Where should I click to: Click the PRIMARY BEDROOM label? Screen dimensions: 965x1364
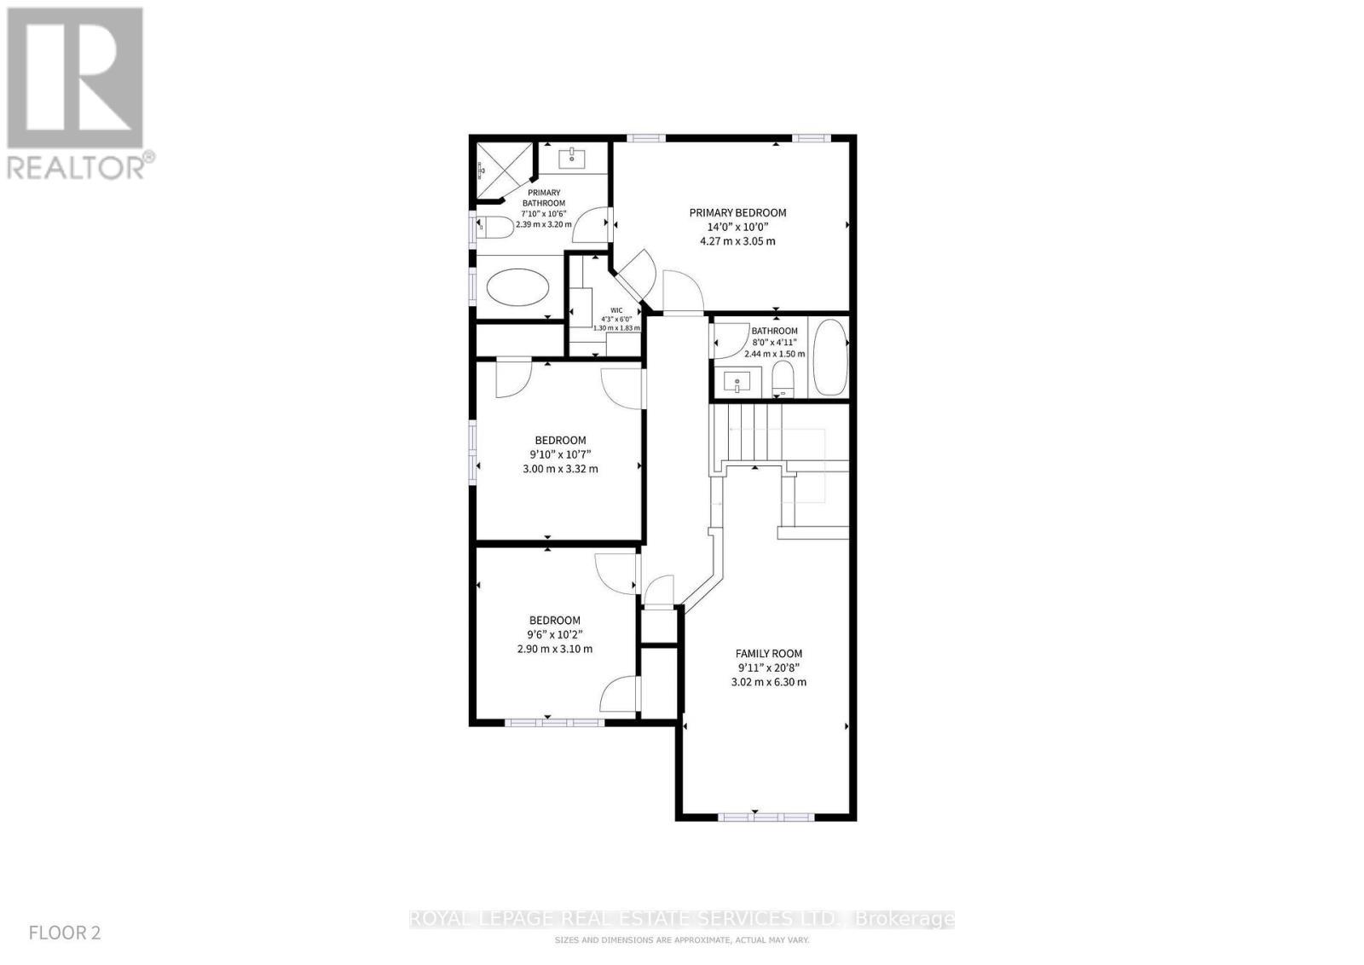point(737,213)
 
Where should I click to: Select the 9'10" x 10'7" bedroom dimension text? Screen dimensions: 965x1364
point(560,454)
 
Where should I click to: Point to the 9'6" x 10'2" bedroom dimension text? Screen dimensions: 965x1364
point(554,634)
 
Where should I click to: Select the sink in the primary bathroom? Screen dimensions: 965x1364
point(570,158)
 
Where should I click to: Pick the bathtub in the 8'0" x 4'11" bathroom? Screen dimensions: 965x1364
point(829,358)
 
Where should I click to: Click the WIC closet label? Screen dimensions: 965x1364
point(616,310)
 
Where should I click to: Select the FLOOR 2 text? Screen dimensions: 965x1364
point(65,933)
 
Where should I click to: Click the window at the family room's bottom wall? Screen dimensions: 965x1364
point(766,817)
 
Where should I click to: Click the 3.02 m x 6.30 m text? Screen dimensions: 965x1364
point(768,682)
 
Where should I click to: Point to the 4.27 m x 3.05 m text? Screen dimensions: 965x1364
point(737,241)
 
